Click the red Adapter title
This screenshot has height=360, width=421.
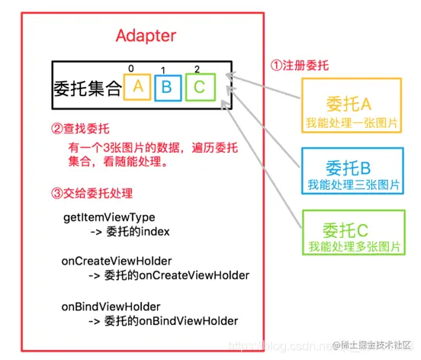coord(146,35)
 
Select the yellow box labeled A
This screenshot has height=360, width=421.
coord(138,86)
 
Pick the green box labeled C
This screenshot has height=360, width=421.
coord(200,86)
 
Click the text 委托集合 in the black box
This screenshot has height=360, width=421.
coord(88,88)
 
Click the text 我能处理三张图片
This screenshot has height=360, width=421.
coord(352,185)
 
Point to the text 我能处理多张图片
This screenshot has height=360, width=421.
coord(352,248)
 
